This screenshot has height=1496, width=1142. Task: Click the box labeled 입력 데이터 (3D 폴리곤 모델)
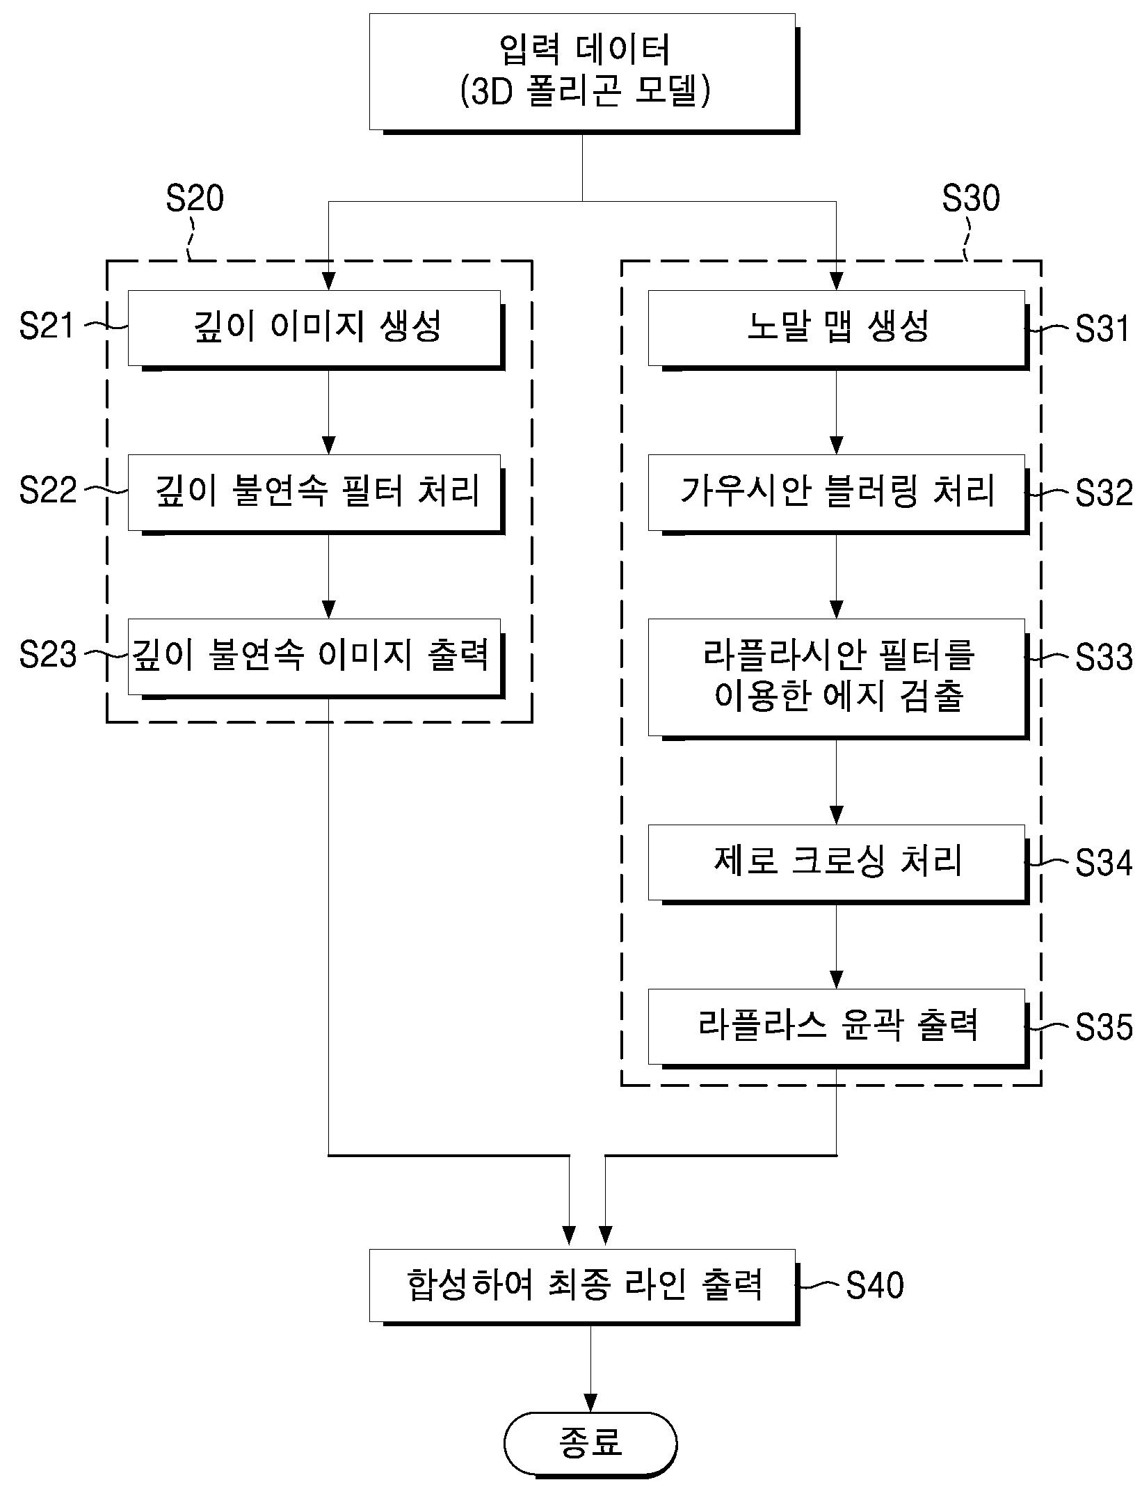(x=582, y=71)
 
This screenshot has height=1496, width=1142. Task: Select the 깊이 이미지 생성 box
(x=314, y=327)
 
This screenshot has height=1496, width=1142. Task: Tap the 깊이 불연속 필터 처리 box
(x=314, y=492)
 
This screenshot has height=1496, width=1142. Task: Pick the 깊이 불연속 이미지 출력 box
(x=314, y=656)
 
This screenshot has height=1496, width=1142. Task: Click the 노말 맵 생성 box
(x=836, y=327)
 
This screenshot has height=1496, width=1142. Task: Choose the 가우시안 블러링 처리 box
(x=836, y=492)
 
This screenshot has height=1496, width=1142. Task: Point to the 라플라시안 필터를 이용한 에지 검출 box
(x=836, y=676)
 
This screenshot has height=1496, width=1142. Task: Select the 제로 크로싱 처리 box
(x=836, y=861)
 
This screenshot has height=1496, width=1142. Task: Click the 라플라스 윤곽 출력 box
(x=836, y=1026)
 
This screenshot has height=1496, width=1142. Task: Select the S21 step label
(x=47, y=326)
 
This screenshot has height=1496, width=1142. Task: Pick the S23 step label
(x=47, y=655)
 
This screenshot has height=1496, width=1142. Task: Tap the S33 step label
(x=1103, y=657)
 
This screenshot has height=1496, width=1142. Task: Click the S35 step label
(x=1103, y=1027)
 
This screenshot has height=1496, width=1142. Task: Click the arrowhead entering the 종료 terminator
(x=590, y=1403)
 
